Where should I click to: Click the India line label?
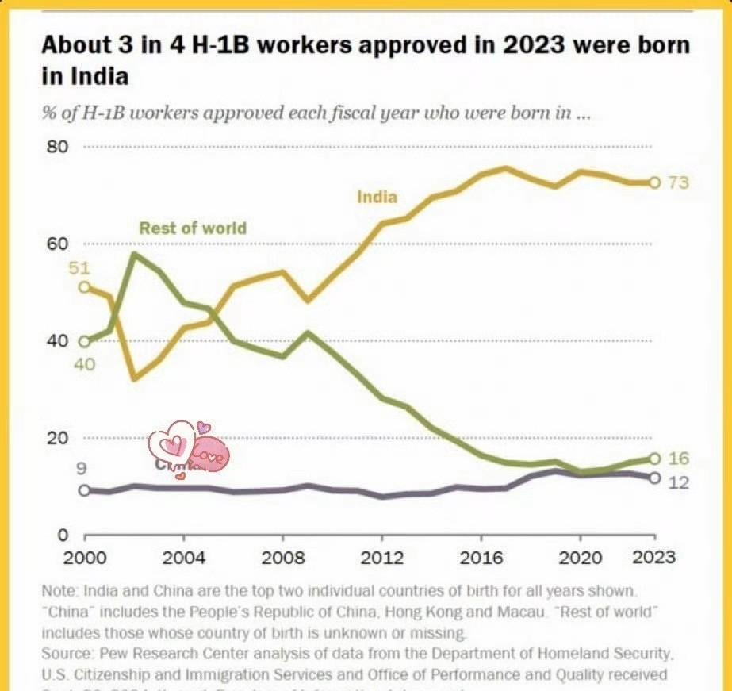(x=377, y=196)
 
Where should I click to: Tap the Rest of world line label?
(x=193, y=228)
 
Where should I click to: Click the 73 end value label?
(x=679, y=183)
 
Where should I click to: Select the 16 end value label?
(x=679, y=459)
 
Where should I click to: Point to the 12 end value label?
(x=679, y=482)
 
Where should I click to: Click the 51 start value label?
(x=79, y=268)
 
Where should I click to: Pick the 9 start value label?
(x=81, y=469)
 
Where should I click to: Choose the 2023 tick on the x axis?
(x=653, y=557)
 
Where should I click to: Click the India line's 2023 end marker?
(x=654, y=182)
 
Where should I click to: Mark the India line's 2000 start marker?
(x=84, y=286)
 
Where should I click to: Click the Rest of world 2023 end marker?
(x=654, y=459)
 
